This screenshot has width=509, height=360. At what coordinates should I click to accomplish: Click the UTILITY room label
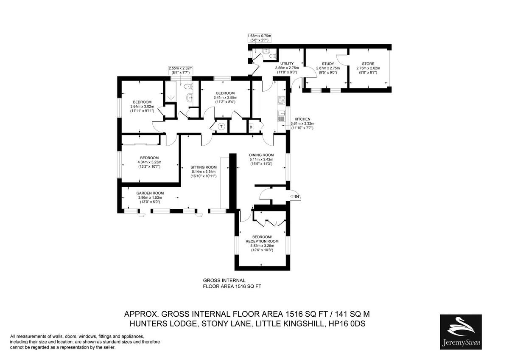pos(287,63)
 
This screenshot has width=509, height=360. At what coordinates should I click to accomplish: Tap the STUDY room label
pos(328,64)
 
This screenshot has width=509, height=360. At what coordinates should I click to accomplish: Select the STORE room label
pos(368,64)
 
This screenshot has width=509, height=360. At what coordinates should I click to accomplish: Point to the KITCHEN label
pos(302,119)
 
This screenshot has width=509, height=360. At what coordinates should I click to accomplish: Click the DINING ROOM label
pos(261,155)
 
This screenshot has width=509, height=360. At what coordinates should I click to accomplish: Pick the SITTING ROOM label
pos(203,167)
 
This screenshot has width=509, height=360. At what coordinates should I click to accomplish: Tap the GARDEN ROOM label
pos(150,193)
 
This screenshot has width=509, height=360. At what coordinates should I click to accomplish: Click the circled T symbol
pos(221,127)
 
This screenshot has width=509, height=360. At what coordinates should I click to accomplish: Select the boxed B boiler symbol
pos(251,127)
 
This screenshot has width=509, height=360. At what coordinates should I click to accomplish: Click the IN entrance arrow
pos(294,197)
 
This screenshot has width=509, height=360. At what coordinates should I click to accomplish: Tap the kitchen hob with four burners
pos(281,100)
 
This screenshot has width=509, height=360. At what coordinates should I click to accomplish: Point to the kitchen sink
pos(281,116)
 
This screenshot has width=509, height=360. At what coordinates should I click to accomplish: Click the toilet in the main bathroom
pos(188,87)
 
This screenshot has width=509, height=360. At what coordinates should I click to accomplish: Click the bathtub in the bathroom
pos(171,91)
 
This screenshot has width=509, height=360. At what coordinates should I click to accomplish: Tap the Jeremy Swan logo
pos(461,332)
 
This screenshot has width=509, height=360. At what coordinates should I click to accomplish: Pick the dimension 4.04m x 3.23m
pos(149,162)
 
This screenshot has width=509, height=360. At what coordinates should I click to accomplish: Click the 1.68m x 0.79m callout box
pos(259,38)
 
